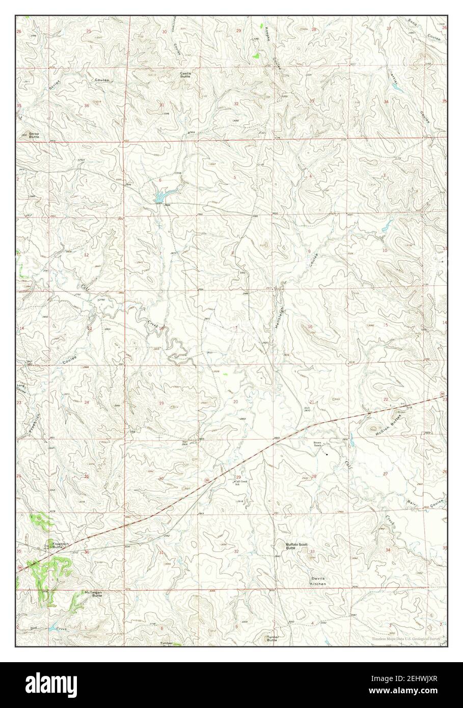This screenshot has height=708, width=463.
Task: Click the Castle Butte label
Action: point(185,74)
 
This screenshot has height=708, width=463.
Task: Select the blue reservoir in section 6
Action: point(161,196)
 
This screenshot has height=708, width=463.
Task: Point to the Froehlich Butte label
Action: point(60,545)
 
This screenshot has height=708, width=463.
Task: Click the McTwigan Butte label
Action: point(93,594)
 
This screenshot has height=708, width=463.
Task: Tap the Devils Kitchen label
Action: point(319,581)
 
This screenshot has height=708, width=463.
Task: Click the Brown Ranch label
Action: point(319,444)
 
